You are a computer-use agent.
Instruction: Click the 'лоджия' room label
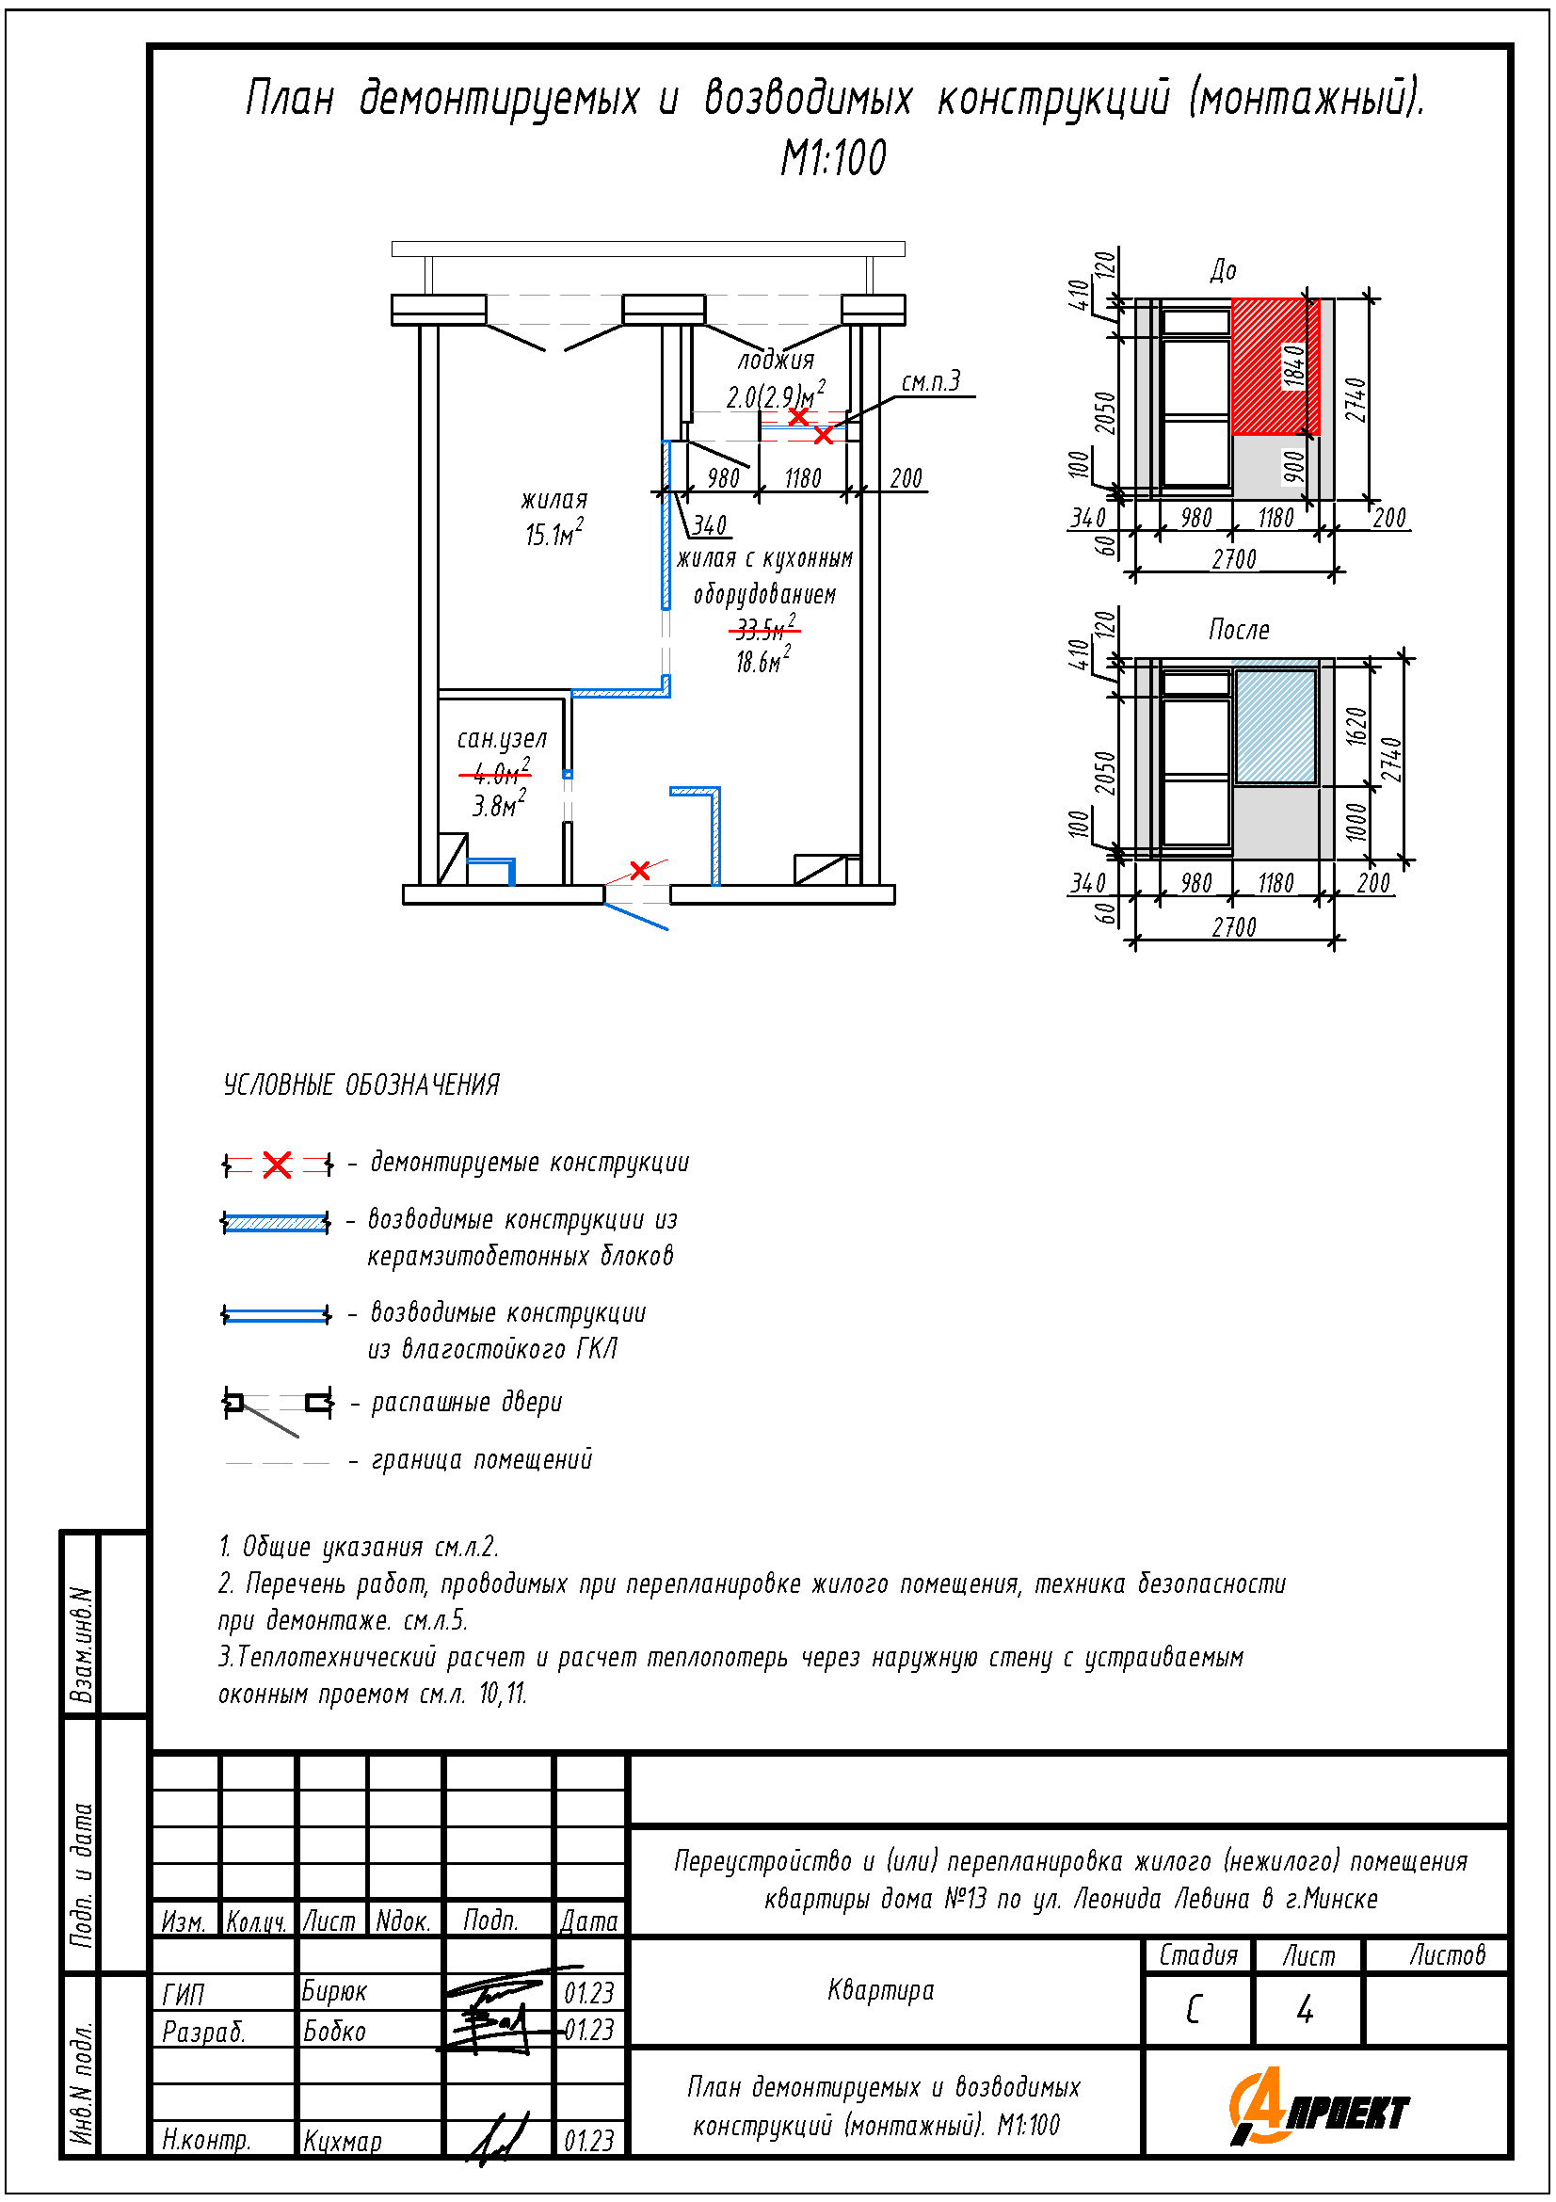776,360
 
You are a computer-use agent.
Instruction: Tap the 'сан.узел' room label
502,738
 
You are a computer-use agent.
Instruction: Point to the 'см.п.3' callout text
930,381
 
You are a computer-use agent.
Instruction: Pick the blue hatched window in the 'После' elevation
1275,726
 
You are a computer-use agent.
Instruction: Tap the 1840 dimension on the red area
1294,366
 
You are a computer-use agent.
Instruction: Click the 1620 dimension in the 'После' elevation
1355,726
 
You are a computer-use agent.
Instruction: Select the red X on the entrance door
639,870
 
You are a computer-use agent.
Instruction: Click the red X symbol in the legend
277,1165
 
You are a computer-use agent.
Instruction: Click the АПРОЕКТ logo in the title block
1319,2108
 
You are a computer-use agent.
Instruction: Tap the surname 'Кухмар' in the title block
343,2141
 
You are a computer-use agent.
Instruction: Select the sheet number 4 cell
1305,2009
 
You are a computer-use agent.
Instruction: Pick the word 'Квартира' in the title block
880,1990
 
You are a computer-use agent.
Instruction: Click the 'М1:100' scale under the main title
832,158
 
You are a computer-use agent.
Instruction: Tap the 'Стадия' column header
1197,1954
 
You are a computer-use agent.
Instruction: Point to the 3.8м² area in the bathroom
499,805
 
